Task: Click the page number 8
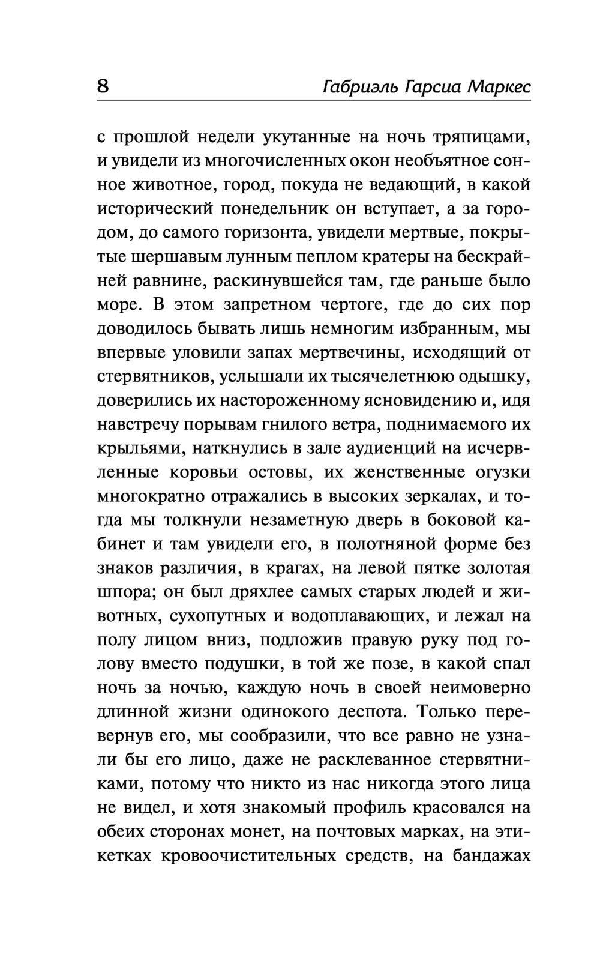click(x=103, y=87)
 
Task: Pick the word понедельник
click(x=286, y=209)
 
